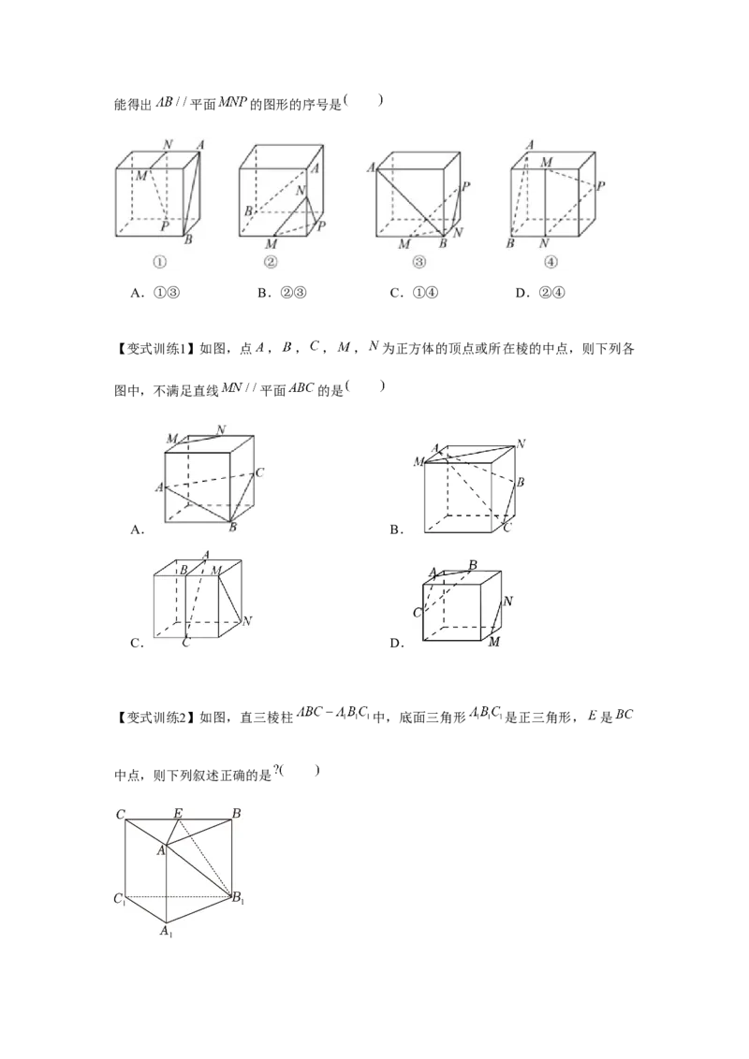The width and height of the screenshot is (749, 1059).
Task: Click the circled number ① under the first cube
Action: pos(159,262)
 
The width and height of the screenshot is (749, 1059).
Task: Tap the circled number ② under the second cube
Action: pos(271,262)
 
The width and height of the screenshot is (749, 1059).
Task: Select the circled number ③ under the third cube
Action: pos(419,262)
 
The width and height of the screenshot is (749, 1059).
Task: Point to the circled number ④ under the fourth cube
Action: pos(551,262)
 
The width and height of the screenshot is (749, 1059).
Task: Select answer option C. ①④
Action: pos(415,293)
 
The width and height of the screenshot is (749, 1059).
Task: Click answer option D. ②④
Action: pos(541,293)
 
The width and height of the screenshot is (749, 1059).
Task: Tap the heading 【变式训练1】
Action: pos(154,349)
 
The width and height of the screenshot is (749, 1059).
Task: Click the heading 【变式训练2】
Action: pos(154,718)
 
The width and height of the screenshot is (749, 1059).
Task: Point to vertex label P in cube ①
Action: pos(164,226)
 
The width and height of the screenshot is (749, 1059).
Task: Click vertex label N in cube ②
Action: pos(301,191)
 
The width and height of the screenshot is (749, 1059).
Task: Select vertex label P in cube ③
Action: pos(465,187)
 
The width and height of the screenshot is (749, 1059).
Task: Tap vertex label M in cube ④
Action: pos(546,162)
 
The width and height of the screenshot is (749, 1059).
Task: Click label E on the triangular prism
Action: pos(178,812)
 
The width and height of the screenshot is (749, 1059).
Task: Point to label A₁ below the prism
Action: pos(167,932)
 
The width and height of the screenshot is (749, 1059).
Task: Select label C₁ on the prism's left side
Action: pos(120,899)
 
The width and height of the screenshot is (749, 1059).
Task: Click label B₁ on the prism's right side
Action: pos(238,898)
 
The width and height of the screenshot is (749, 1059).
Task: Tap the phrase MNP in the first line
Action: pos(233,104)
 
